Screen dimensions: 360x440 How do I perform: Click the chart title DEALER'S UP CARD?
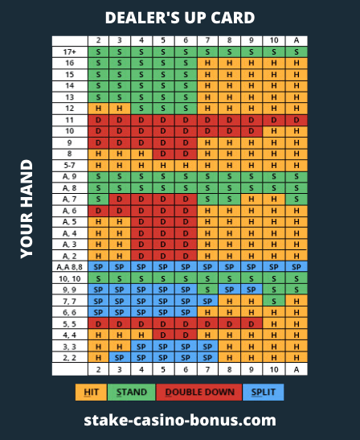[180, 18]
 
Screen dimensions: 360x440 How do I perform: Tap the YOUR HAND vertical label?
[27, 209]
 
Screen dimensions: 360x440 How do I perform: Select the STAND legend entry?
[132, 392]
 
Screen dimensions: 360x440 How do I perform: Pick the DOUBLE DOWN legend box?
[199, 392]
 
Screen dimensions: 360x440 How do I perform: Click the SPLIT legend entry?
[264, 392]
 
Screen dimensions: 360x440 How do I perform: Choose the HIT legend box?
[91, 392]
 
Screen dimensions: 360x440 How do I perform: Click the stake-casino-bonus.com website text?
[180, 420]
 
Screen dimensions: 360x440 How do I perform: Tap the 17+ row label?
[70, 52]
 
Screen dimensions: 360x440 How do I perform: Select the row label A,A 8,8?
[70, 267]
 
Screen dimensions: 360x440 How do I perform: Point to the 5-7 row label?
[70, 165]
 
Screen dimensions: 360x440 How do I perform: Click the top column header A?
[297, 41]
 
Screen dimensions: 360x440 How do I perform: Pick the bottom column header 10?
[274, 369]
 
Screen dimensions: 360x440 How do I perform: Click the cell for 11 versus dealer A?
[297, 120]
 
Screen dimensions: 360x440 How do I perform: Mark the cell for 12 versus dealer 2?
[98, 109]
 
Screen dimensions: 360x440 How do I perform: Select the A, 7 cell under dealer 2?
[98, 199]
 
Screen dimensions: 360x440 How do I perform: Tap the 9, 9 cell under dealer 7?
[207, 290]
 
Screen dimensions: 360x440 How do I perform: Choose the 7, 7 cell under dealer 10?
[274, 301]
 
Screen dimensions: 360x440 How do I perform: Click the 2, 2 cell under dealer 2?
[98, 357]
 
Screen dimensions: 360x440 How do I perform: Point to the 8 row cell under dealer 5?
[163, 154]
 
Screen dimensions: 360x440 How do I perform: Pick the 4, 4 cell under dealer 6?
[186, 335]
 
